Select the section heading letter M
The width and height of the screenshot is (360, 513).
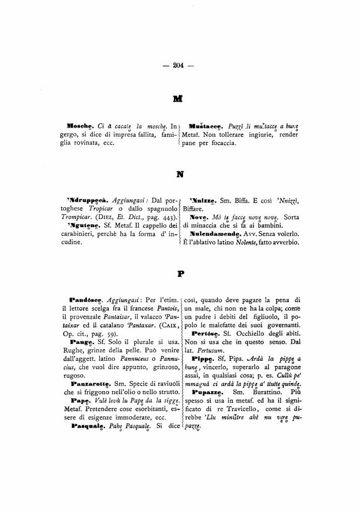[x=179, y=98]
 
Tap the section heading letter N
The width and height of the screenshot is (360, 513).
[x=180, y=174]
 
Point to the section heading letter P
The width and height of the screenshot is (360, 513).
[x=181, y=274]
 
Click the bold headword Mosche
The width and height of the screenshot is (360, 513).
[x=79, y=126]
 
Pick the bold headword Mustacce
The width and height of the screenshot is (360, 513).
[x=205, y=126]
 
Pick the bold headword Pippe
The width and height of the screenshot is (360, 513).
[x=205, y=358]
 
